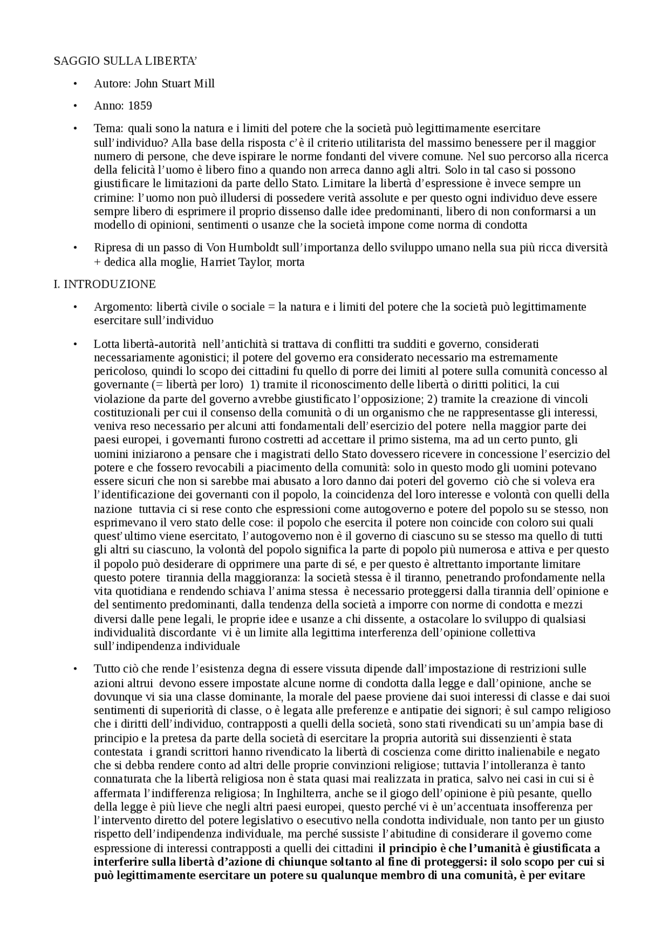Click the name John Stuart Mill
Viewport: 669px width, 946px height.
(x=175, y=84)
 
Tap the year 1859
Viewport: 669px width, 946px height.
(x=140, y=106)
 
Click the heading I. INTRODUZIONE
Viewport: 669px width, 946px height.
(x=105, y=284)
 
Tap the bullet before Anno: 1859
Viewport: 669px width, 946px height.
(x=75, y=106)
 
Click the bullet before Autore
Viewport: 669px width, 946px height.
(x=75, y=84)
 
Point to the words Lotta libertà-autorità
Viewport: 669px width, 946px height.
(x=145, y=344)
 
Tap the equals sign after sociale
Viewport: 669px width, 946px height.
(x=271, y=307)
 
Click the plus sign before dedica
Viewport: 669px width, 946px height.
(x=97, y=262)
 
